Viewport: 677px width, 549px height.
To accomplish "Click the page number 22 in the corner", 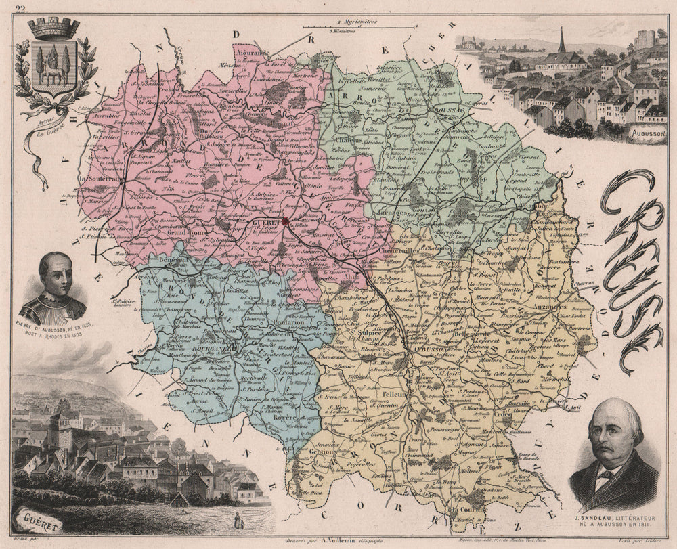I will (x=21, y=7).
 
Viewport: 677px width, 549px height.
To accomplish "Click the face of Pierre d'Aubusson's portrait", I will (x=54, y=271).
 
